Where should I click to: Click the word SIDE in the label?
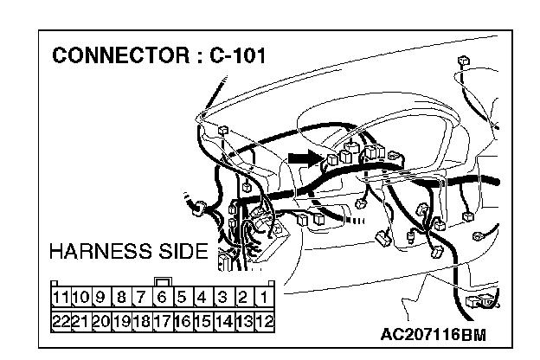(x=185, y=253)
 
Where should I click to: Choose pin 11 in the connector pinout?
(x=61, y=299)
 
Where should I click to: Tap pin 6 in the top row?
(x=162, y=299)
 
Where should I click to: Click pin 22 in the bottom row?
(x=61, y=320)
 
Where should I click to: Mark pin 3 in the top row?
(x=223, y=299)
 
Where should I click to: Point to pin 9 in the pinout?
(x=100, y=299)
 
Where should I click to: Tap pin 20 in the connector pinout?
(x=100, y=320)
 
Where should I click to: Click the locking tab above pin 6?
(x=162, y=281)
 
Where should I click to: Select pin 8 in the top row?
(x=121, y=299)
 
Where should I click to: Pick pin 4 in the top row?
(x=202, y=299)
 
